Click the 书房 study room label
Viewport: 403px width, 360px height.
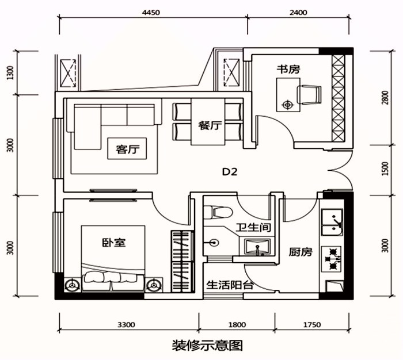pyautogui.click(x=288, y=69)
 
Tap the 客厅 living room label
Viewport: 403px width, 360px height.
pyautogui.click(x=127, y=150)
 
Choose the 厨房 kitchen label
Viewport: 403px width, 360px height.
pyautogui.click(x=300, y=252)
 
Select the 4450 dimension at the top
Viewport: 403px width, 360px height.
pyautogui.click(x=150, y=12)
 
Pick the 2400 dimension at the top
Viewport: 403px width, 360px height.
pyautogui.click(x=299, y=12)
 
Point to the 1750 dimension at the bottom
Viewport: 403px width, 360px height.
pyautogui.click(x=311, y=325)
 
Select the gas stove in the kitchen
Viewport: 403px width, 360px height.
pyautogui.click(x=333, y=257)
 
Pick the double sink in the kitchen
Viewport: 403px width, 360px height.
pyautogui.click(x=333, y=224)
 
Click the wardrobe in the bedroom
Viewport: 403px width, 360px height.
pyautogui.click(x=182, y=262)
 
